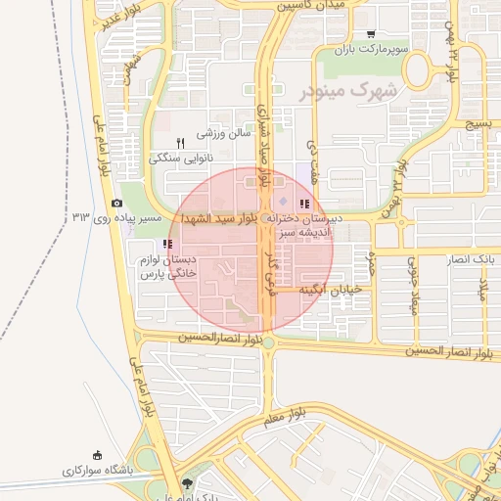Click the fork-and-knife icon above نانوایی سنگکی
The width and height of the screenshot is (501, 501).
click(180, 143)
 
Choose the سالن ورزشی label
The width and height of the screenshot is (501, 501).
click(224, 132)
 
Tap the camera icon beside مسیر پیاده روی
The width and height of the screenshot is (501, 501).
click(117, 204)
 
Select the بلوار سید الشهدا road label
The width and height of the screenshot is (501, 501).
click(216, 219)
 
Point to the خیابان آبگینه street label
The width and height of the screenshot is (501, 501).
click(331, 289)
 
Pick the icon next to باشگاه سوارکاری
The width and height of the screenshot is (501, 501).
click(96, 454)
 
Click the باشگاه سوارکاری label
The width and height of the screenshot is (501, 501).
click(96, 470)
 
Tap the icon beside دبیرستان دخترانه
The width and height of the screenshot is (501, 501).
click(304, 204)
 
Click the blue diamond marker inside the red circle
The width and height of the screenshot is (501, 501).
click(271, 202)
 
